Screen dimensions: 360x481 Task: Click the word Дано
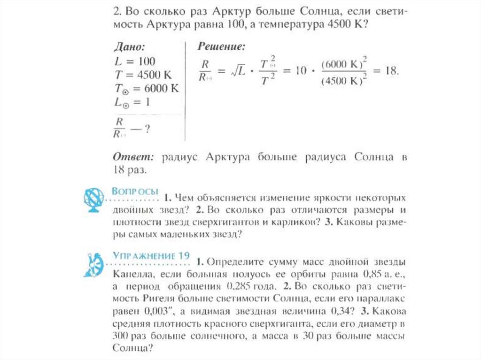(129, 46)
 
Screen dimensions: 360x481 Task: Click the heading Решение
(221, 46)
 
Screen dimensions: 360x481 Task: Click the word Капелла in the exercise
(132, 273)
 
